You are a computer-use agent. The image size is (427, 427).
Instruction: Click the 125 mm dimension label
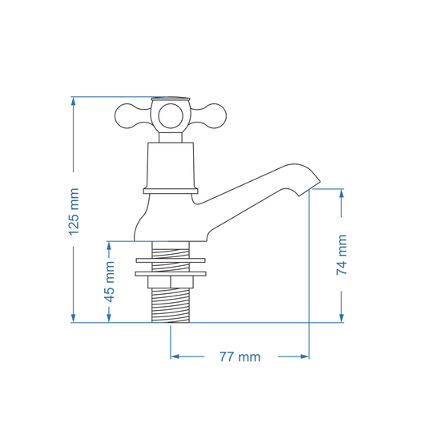[74, 211]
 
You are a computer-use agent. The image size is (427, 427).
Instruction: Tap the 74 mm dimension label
[342, 255]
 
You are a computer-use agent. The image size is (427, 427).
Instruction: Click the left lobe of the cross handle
[127, 117]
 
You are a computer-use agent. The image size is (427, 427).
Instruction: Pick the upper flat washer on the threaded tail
[170, 260]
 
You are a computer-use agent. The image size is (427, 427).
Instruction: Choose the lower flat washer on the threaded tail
[170, 274]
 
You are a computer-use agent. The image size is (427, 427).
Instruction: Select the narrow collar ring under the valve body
[170, 191]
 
